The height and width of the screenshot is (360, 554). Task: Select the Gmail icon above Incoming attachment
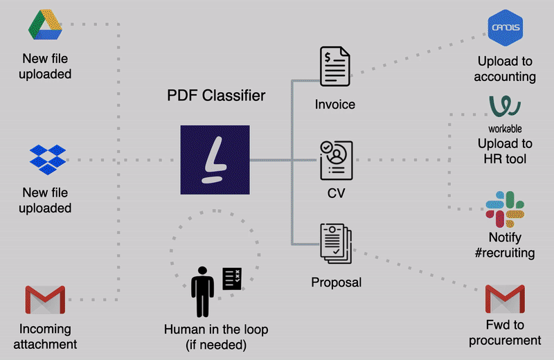pyautogui.click(x=46, y=300)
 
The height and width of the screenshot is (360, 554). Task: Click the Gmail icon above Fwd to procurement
pyautogui.click(x=504, y=300)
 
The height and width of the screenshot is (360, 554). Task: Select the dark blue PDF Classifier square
pyautogui.click(x=215, y=159)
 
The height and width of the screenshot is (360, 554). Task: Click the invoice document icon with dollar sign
pyautogui.click(x=335, y=67)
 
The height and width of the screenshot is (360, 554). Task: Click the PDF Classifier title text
pyautogui.click(x=216, y=96)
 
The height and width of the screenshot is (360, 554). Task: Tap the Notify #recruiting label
pyautogui.click(x=505, y=245)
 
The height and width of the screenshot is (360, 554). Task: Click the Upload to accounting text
pyautogui.click(x=505, y=69)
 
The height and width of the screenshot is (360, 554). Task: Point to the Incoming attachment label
pyautogui.click(x=47, y=336)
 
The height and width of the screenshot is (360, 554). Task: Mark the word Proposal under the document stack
pyautogui.click(x=336, y=282)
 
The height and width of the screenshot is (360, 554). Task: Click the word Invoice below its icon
pyautogui.click(x=335, y=105)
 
